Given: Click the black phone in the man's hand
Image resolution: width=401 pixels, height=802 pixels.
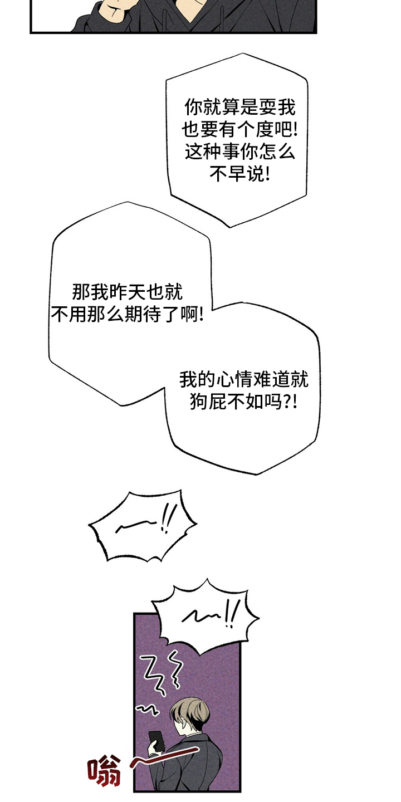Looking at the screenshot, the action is tap(157, 740).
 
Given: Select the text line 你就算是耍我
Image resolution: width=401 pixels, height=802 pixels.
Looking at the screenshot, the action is tap(239, 107).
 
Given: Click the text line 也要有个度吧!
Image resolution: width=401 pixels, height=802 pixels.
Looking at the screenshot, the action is tap(239, 130).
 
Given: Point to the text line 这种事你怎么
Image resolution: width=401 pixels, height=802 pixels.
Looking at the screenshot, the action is tap(239, 152).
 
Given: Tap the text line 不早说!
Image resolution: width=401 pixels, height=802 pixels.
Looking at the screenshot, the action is tap(239, 175).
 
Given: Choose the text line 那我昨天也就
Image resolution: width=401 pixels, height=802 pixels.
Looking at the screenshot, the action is tap(128, 292).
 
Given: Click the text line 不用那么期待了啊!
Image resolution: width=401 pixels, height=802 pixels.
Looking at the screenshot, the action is tap(128, 315).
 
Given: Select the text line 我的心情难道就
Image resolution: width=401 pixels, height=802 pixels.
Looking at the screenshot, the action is tap(243, 379).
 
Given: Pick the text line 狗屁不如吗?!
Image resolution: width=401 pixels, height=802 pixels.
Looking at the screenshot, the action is tap(243, 402).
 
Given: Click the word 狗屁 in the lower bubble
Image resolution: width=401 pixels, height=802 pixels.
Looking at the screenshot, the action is tap(208, 402).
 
